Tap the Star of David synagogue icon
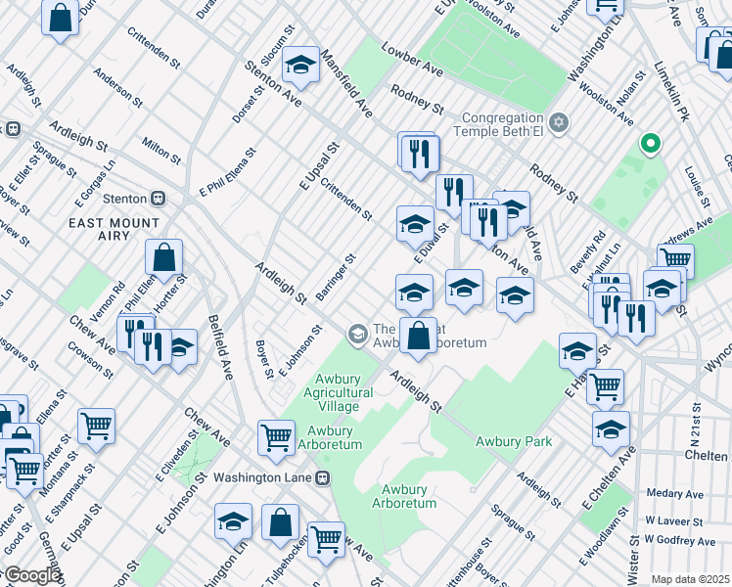[x=559, y=122]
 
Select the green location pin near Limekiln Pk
[x=649, y=145]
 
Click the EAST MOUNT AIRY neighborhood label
[x=114, y=223]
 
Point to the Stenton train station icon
[x=158, y=199]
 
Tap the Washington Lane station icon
[x=321, y=478]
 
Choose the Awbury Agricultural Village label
[x=343, y=392]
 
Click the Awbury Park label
[x=514, y=441]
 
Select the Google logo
[x=31, y=576]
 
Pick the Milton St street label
[x=160, y=150]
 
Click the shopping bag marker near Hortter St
[x=164, y=259]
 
